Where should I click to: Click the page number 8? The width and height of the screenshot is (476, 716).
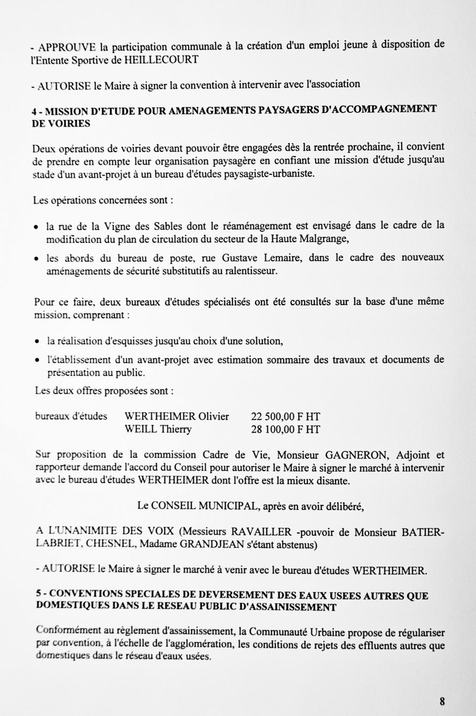point(442,701)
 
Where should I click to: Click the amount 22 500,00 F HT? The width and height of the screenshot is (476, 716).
point(286,417)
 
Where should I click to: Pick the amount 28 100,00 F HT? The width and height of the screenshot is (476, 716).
point(286,429)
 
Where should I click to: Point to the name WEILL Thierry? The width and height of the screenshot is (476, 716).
point(158,429)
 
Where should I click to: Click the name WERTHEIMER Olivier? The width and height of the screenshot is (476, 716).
point(177,417)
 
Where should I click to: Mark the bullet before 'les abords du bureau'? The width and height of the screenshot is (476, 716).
point(36,260)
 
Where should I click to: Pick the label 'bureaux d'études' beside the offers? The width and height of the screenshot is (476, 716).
point(71,416)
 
